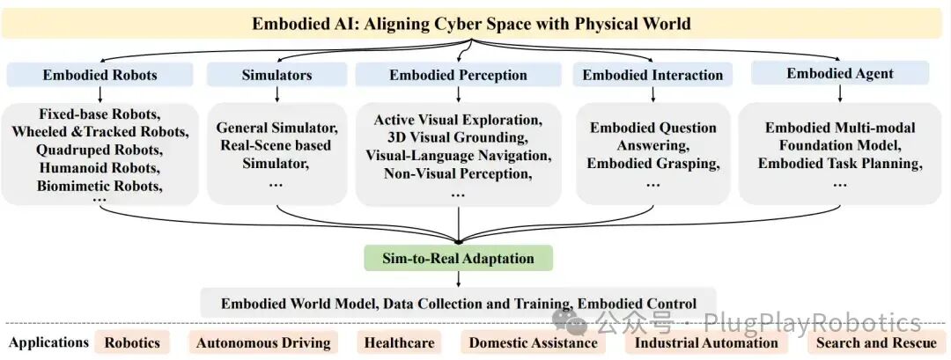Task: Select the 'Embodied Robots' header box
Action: point(100,75)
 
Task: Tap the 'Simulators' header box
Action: point(276,75)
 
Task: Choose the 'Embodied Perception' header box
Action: point(458,75)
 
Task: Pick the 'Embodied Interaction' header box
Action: point(652,75)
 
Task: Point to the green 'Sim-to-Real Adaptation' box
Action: point(458,258)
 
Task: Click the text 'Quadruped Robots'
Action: point(100,150)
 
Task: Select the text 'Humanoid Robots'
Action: point(100,167)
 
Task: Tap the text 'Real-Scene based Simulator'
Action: point(277,151)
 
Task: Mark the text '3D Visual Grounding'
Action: point(458,137)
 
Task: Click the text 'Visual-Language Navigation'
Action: point(458,155)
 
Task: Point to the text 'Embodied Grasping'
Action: point(652,163)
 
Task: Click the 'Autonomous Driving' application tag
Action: point(263,342)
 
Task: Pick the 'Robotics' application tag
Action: point(132,342)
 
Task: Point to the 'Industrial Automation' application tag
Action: point(705,342)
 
